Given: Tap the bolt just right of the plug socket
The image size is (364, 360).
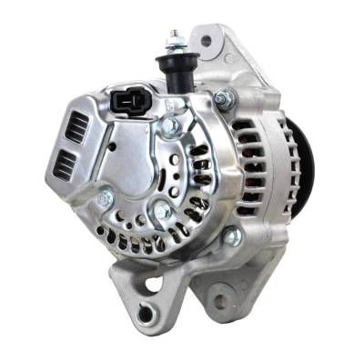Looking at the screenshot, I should (x=170, y=126).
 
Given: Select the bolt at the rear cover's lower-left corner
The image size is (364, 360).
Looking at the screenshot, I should (x=106, y=195).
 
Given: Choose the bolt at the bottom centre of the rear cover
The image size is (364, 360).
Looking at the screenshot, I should (x=164, y=212).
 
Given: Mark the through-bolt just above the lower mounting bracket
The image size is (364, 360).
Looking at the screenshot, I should (x=232, y=237).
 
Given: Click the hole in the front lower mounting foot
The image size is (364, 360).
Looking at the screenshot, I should (x=144, y=314).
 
